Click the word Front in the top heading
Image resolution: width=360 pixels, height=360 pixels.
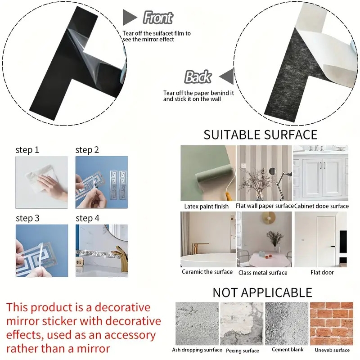[x=157, y=18]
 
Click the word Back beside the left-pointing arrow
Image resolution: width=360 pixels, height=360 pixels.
[x=198, y=77]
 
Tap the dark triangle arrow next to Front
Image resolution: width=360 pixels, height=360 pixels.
[x=130, y=18]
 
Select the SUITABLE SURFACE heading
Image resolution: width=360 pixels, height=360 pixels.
[x=260, y=135]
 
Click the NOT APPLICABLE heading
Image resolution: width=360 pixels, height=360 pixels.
[x=262, y=292]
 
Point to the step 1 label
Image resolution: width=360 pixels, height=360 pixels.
[x=27, y=150]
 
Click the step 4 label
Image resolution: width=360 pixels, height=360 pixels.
[x=87, y=218]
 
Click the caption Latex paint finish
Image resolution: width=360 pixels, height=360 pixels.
[x=207, y=206]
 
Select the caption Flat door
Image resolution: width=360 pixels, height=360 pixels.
[x=322, y=272]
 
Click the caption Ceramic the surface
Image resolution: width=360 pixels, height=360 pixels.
[x=207, y=272]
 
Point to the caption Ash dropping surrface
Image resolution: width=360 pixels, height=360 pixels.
[x=197, y=350]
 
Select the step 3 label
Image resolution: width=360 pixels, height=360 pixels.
[x=27, y=218]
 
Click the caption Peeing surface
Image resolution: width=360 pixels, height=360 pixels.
[x=243, y=351]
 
